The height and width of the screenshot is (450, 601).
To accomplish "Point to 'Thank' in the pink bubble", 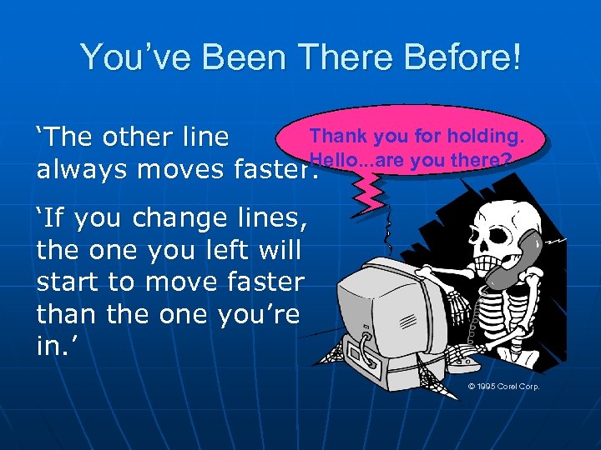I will (335, 136).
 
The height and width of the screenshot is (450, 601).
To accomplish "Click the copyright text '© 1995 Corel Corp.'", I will (503, 387).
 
